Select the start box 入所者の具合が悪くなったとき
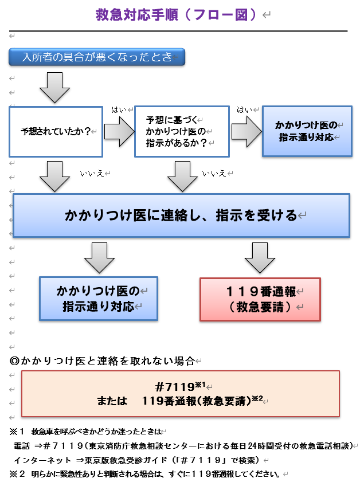(x=96, y=57)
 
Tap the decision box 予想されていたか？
(x=56, y=131)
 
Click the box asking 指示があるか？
(x=182, y=131)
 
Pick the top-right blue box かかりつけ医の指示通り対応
(x=307, y=131)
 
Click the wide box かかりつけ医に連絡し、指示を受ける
(x=181, y=215)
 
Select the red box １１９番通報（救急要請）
(x=260, y=299)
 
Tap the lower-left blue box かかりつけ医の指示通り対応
(x=98, y=299)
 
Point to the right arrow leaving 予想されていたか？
(x=119, y=132)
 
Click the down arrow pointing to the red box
(x=260, y=258)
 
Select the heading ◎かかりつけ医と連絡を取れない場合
(x=103, y=361)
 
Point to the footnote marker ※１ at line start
(x=18, y=431)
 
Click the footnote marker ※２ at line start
(x=18, y=474)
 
